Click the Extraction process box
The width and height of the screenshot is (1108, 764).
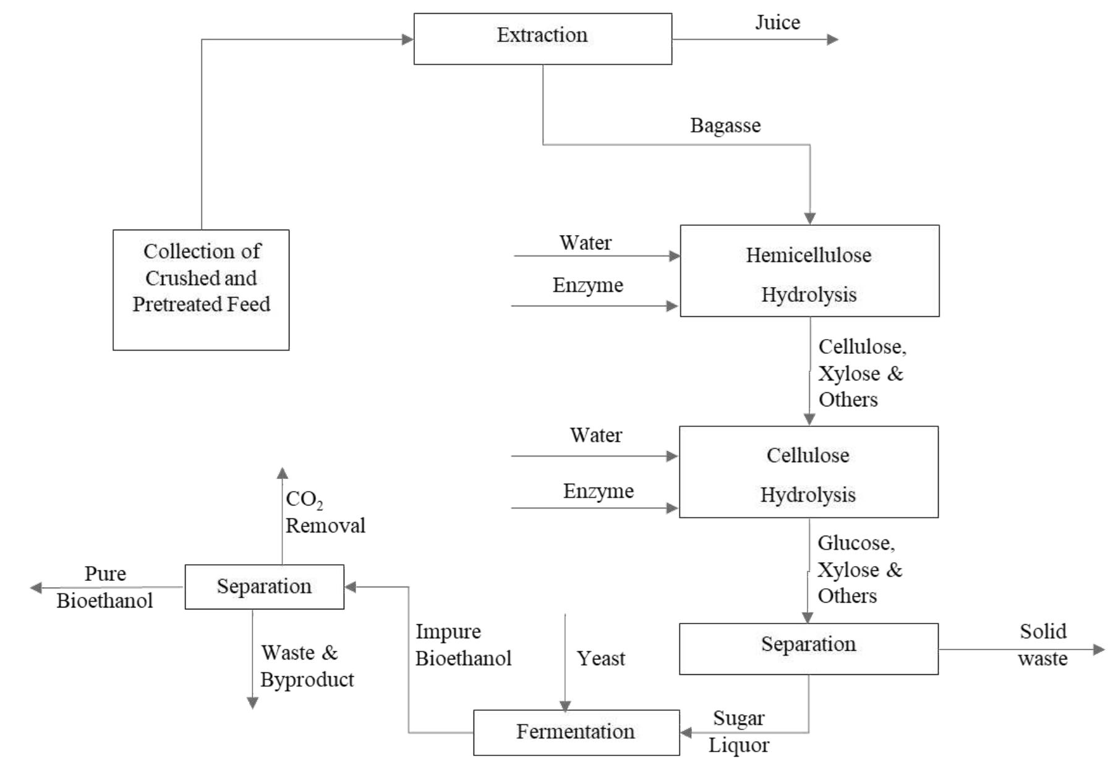pos(542,38)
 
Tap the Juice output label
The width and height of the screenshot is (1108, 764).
pos(777,23)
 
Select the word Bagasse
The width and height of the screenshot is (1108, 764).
pos(725,126)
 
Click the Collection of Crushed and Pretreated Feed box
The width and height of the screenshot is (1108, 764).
pos(201,290)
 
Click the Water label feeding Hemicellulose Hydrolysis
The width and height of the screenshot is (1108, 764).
pos(585,243)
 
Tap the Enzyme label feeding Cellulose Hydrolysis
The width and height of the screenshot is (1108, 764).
pos(598,491)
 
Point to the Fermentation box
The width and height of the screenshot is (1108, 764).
pos(576,732)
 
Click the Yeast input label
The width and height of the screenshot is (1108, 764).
pos(600,658)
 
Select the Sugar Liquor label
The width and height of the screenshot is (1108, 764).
pos(739,731)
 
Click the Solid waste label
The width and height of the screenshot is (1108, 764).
pos(1042,645)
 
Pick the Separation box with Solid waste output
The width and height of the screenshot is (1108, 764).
pos(808,648)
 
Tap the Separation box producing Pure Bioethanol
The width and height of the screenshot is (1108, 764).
pos(264,586)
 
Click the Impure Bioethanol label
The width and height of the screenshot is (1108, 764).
pos(462,645)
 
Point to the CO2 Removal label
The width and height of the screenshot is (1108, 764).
pos(325,513)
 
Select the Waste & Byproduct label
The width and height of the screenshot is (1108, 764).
pos(307,666)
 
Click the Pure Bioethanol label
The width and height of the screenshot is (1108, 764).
pos(104,587)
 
